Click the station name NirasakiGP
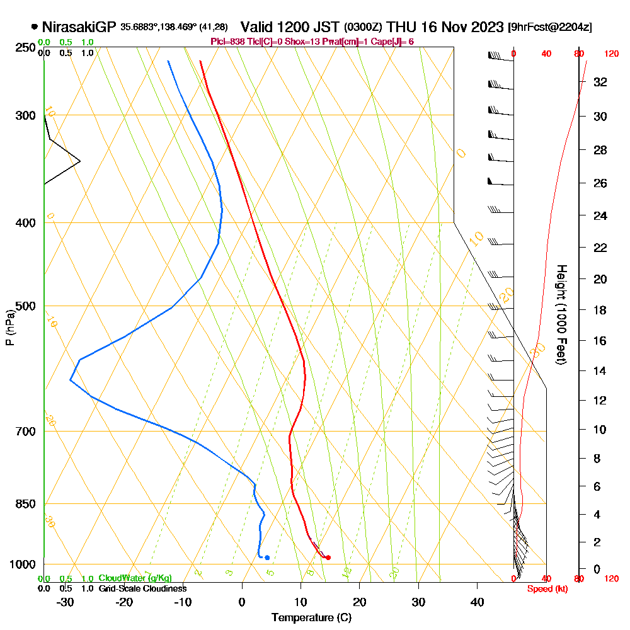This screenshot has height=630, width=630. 79,27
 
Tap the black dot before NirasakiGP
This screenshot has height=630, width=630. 34,27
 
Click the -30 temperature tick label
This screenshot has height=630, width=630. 65,602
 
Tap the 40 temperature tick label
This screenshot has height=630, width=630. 477,602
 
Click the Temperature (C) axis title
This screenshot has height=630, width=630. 311,617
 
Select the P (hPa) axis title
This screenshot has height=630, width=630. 9,327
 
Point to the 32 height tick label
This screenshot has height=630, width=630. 601,82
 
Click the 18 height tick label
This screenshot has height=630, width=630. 601,310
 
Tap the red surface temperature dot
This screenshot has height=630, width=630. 328,558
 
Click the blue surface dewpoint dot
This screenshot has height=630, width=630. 267,558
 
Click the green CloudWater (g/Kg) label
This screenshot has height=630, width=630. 135,578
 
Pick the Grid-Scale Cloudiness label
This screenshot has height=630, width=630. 142,588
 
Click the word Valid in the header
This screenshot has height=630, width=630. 258,27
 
